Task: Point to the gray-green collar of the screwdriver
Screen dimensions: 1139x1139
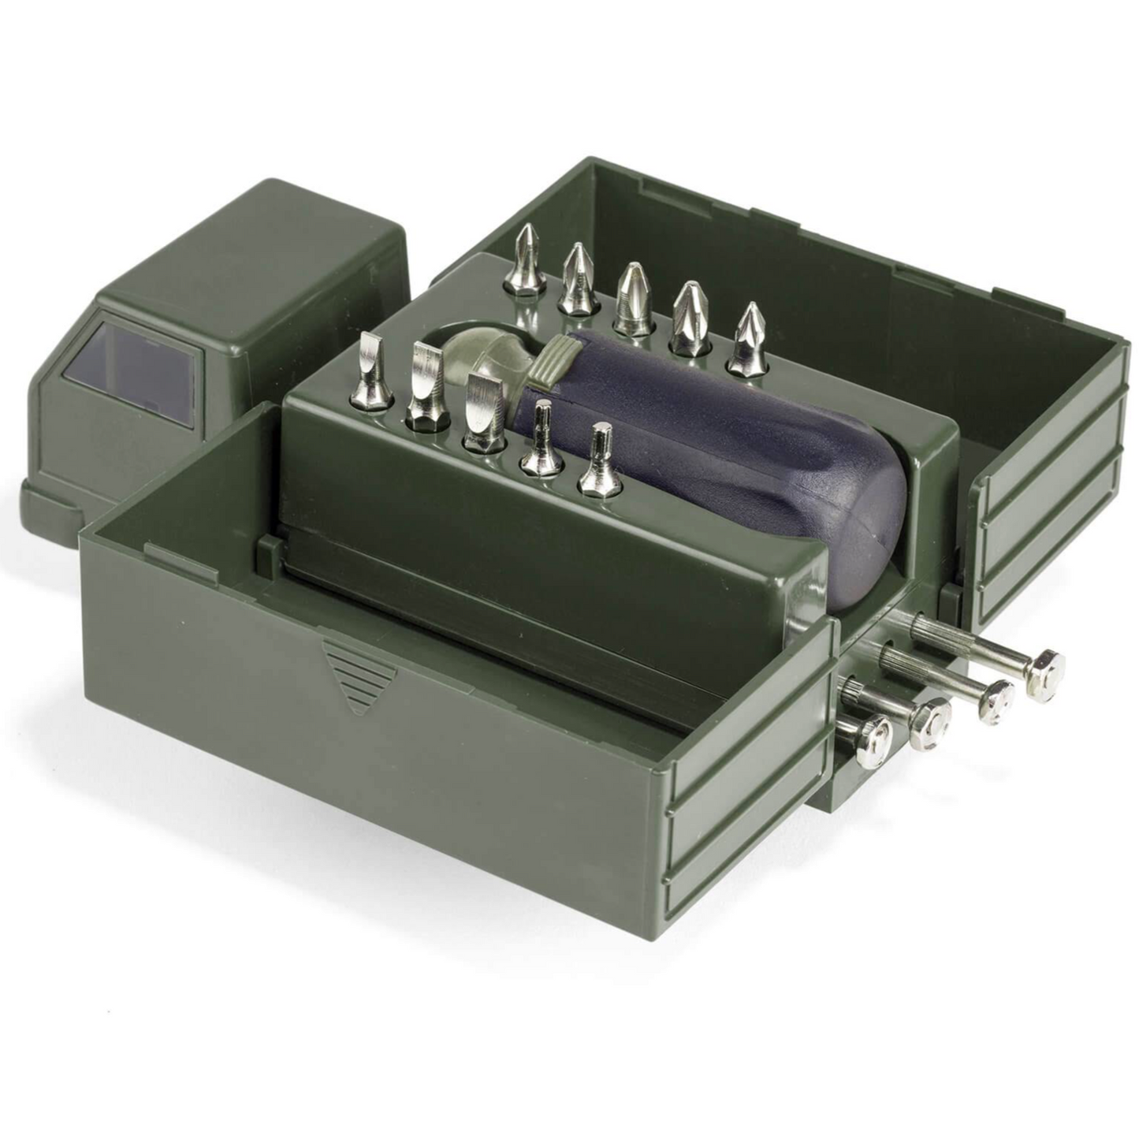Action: click(x=552, y=359)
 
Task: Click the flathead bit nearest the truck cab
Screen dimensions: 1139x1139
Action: click(x=371, y=370)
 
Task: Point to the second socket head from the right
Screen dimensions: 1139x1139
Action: click(x=996, y=698)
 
